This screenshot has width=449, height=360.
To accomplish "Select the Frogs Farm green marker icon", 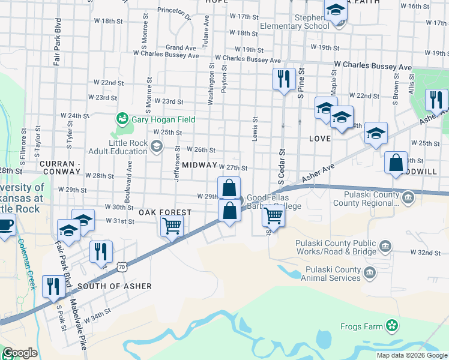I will (x=392, y=326).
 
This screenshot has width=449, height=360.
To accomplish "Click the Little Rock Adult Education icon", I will (x=156, y=146).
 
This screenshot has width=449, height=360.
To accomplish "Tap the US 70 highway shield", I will (x=122, y=264).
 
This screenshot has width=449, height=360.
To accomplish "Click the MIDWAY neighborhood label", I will (x=199, y=164).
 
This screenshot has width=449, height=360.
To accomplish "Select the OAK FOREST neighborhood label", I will (x=165, y=212).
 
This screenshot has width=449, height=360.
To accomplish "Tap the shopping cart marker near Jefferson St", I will (x=172, y=226).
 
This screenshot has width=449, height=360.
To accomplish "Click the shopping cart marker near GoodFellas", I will (x=274, y=215).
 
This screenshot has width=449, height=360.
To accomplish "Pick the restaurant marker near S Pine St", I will (x=282, y=79).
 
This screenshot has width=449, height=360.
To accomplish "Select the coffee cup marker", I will (x=5, y=226).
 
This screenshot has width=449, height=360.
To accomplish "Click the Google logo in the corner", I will (x=20, y=353).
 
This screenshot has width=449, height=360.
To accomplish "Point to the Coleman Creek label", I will (x=27, y=264).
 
